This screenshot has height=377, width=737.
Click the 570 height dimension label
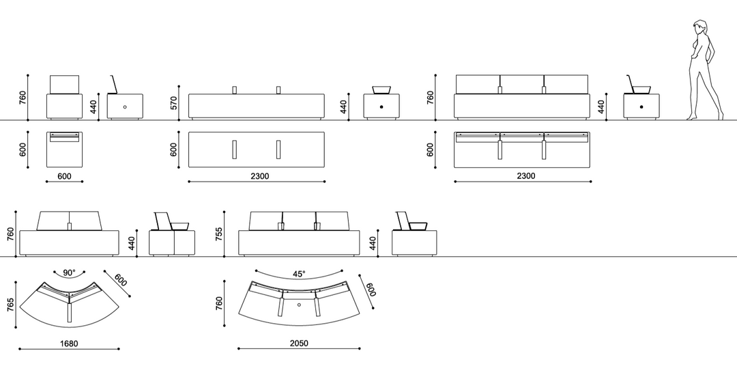click(x=173, y=103)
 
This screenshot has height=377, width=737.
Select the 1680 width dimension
click(x=69, y=344)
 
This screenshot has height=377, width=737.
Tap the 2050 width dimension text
click(x=299, y=343)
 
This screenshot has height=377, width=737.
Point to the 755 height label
click(x=218, y=234)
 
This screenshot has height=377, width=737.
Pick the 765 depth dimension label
click(x=10, y=305)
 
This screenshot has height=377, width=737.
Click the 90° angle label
click(x=69, y=273)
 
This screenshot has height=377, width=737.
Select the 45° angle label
click(x=299, y=274)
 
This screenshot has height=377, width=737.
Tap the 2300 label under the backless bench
click(x=259, y=176)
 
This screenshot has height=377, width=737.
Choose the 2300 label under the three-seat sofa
click(x=526, y=176)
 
